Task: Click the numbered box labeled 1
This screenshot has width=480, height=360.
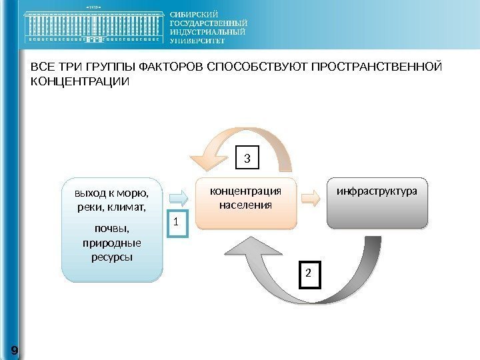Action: pyautogui.click(x=177, y=224)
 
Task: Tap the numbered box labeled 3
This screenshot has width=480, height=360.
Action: pyautogui.click(x=247, y=159)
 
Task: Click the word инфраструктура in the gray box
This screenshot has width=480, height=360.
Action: pyautogui.click(x=377, y=191)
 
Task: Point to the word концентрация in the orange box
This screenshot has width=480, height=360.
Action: pyautogui.click(x=246, y=191)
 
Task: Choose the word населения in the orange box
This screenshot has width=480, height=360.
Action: pyautogui.click(x=246, y=205)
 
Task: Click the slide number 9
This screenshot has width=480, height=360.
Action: pyautogui.click(x=14, y=350)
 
